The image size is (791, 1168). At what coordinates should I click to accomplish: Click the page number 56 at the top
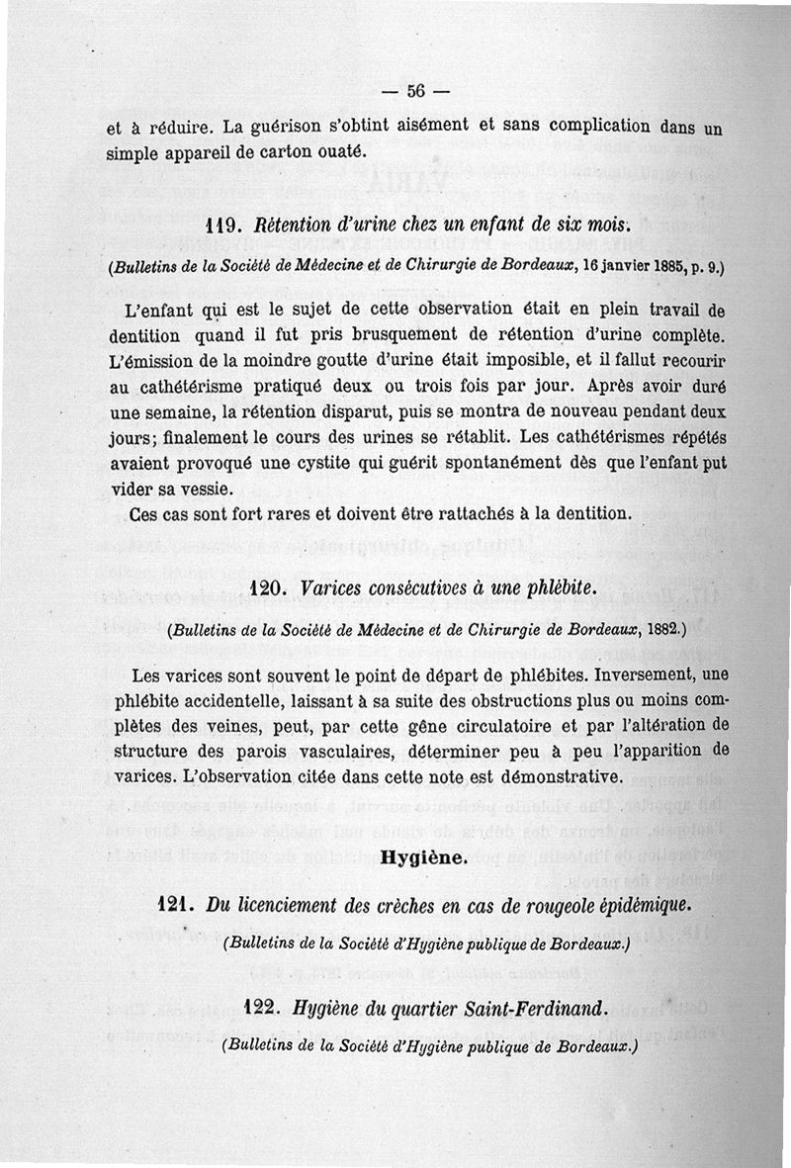click(x=414, y=92)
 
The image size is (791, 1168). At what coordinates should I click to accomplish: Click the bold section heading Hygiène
click(x=422, y=857)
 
